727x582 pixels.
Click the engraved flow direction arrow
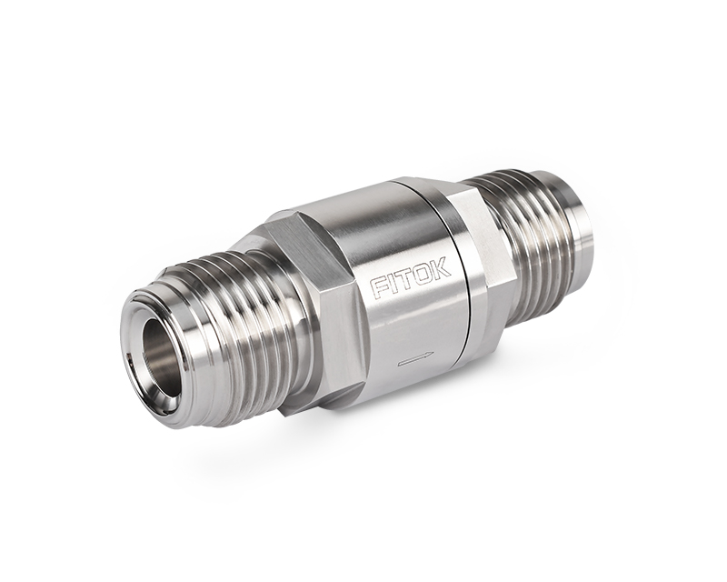[416, 359]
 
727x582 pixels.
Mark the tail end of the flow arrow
[398, 366]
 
